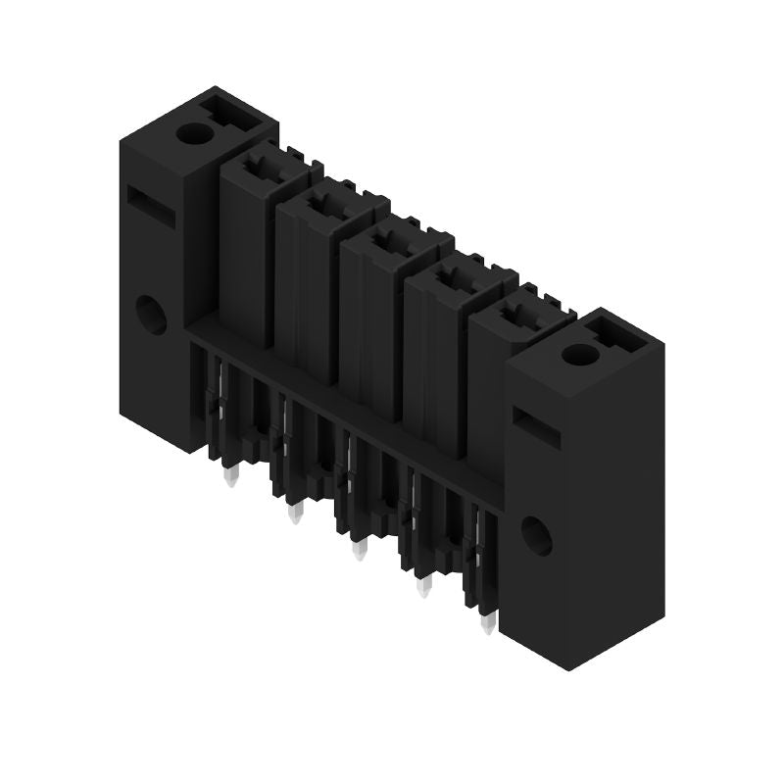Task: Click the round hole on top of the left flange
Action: (194, 133)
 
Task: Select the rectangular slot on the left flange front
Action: (151, 207)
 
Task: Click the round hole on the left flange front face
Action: (151, 315)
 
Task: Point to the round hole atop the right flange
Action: (579, 354)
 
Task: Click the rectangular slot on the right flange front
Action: (536, 428)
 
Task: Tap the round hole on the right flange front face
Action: (536, 535)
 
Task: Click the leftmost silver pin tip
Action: (231, 477)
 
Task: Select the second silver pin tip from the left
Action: (295, 514)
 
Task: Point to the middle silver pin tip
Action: (360, 550)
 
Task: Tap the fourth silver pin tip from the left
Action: (424, 587)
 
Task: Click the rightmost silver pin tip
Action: (488, 624)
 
